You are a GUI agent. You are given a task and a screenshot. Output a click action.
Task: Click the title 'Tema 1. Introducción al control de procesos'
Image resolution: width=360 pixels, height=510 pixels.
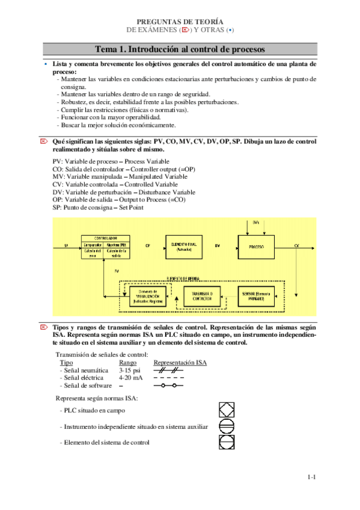pos(180,49)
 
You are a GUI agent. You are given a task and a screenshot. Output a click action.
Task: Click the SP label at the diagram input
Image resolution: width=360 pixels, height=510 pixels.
pos(66,246)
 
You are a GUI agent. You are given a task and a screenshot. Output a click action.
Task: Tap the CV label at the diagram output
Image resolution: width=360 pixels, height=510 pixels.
pos(297,246)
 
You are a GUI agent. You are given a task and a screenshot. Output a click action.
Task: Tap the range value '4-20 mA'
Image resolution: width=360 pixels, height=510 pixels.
pos(131,378)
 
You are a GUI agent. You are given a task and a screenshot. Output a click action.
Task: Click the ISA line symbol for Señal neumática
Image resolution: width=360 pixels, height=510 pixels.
pos(168,370)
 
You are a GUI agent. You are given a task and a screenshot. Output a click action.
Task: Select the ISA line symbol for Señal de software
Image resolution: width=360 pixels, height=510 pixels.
pos(168,386)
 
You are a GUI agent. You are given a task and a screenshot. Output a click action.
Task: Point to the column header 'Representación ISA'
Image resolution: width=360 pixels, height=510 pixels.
pos(180,363)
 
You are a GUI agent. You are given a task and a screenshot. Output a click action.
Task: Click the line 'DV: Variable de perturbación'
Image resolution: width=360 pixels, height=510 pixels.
pos(124,192)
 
